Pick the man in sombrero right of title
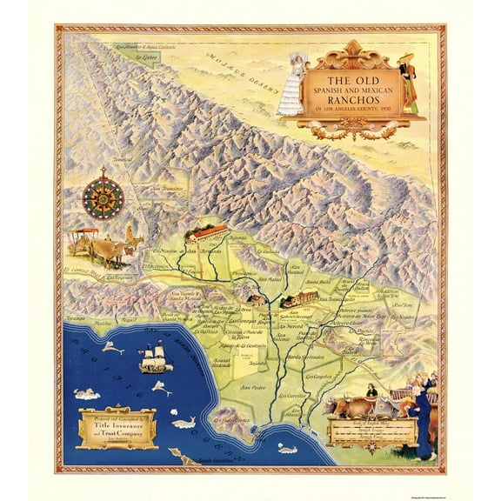coord(407,83)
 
